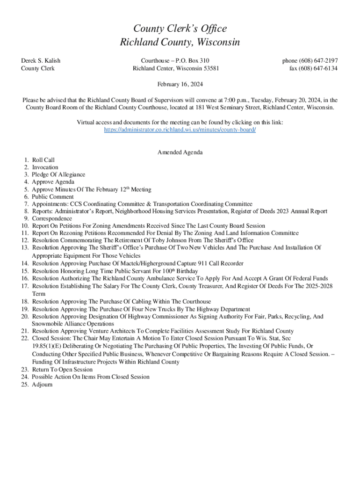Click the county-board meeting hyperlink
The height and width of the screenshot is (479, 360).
pos(180,130)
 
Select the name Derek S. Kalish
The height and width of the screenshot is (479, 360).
pos(41,61)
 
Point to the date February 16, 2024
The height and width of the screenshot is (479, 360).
pos(180,85)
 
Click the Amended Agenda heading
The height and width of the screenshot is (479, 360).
pos(180,152)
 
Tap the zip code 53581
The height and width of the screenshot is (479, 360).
pos(209,68)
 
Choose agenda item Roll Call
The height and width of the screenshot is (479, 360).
pos(43,160)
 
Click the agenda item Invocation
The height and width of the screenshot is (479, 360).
pos(45,167)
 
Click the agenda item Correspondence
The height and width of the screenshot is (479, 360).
pos(52,218)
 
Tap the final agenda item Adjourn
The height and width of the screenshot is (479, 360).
pos(42,385)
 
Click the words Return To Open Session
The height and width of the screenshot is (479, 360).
pos(62,370)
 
